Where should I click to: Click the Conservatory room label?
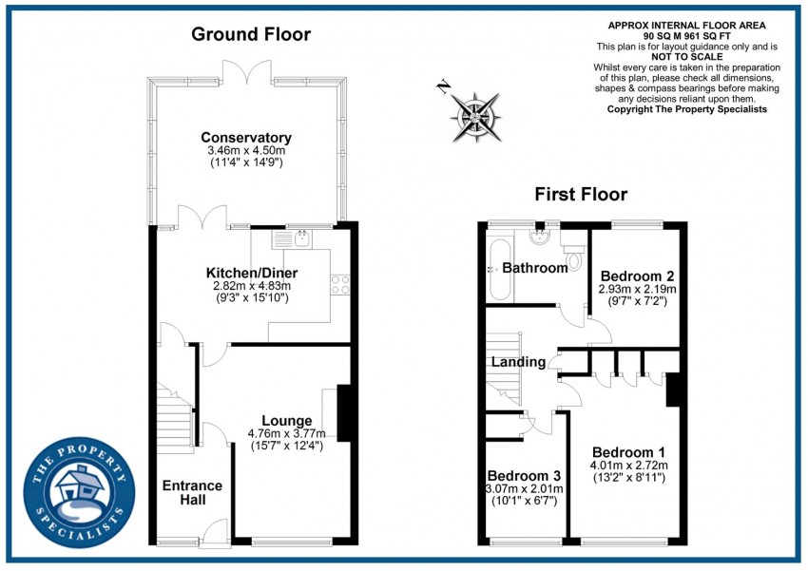pyautogui.click(x=247, y=138)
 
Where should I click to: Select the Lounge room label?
pyautogui.click(x=287, y=421)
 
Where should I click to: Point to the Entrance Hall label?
pyautogui.click(x=192, y=493)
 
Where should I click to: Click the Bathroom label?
pyautogui.click(x=535, y=268)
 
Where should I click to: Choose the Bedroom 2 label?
pyautogui.click(x=637, y=276)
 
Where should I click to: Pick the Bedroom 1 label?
pyautogui.click(x=628, y=451)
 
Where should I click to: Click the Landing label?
pyautogui.click(x=518, y=362)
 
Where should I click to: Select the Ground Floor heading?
pyautogui.click(x=251, y=35)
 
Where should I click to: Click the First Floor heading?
pyautogui.click(x=581, y=195)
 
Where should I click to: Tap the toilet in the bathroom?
pyautogui.click(x=573, y=258)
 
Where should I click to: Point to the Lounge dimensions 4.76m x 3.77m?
pyautogui.click(x=287, y=434)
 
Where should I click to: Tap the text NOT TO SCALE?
pyautogui.click(x=687, y=57)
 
